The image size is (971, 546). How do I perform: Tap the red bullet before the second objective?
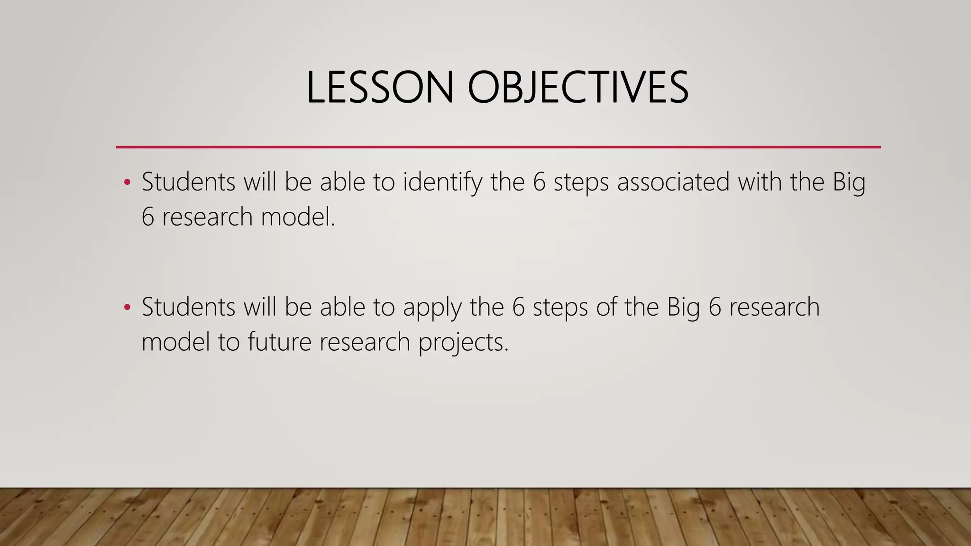127,308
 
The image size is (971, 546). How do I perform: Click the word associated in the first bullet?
673,182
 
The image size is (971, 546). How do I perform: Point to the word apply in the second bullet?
432,308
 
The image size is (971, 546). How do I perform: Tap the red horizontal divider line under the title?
498,147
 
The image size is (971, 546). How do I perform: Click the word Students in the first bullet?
188,182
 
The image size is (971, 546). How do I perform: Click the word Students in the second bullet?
188,308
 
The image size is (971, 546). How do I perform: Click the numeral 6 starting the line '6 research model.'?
147,218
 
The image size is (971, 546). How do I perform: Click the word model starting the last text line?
175,342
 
